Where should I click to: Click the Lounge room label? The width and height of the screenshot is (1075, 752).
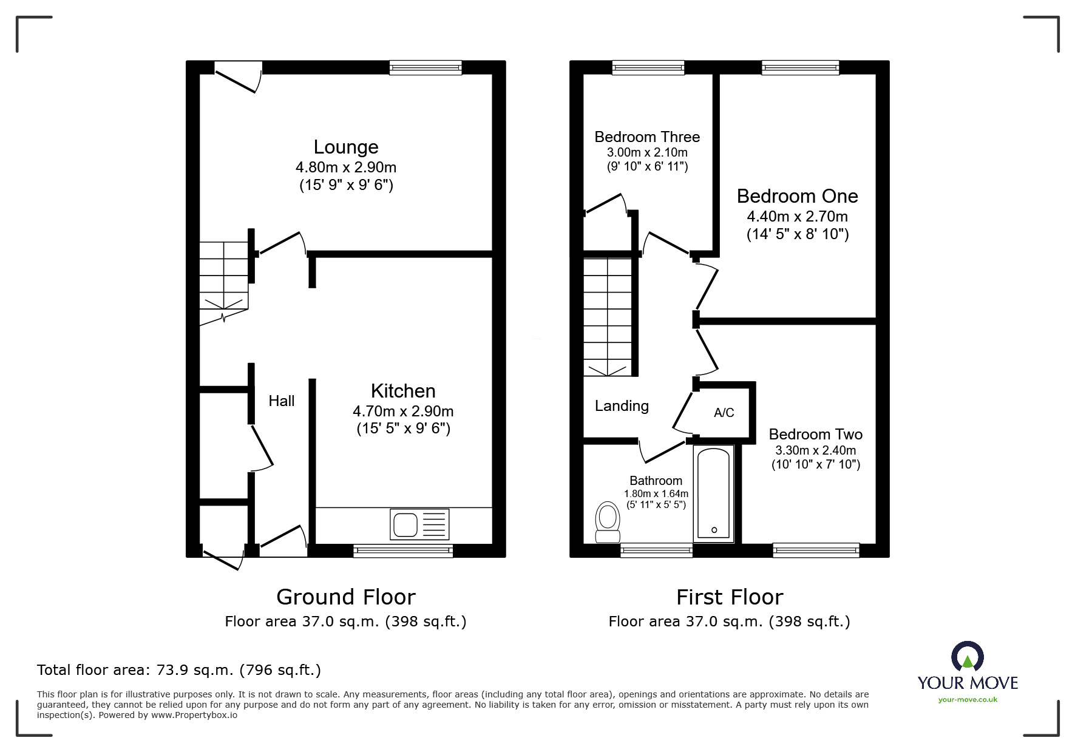click(346, 147)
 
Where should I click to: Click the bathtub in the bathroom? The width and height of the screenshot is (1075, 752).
click(714, 493)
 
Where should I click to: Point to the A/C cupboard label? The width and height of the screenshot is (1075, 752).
click(724, 413)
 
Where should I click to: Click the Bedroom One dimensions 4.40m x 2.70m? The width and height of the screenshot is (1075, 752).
click(797, 217)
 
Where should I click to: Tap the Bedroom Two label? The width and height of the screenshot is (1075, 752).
click(815, 435)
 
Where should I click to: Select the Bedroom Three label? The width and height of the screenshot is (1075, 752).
click(647, 137)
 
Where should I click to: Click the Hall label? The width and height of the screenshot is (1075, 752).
click(282, 401)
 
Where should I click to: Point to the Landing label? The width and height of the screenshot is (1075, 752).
click(622, 406)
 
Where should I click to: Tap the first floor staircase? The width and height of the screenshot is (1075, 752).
click(608, 316)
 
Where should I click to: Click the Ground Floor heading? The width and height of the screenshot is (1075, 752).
click(346, 597)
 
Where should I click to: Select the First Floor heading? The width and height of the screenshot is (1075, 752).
click(730, 597)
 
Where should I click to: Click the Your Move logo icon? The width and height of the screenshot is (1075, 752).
click(967, 657)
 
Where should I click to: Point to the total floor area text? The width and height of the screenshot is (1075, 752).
click(179, 670)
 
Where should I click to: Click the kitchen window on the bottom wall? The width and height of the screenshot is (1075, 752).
click(403, 550)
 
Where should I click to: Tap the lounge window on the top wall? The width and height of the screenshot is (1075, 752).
click(426, 67)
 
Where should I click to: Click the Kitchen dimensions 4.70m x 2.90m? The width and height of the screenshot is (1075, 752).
click(403, 412)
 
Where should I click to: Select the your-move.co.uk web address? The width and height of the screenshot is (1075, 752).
click(968, 700)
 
